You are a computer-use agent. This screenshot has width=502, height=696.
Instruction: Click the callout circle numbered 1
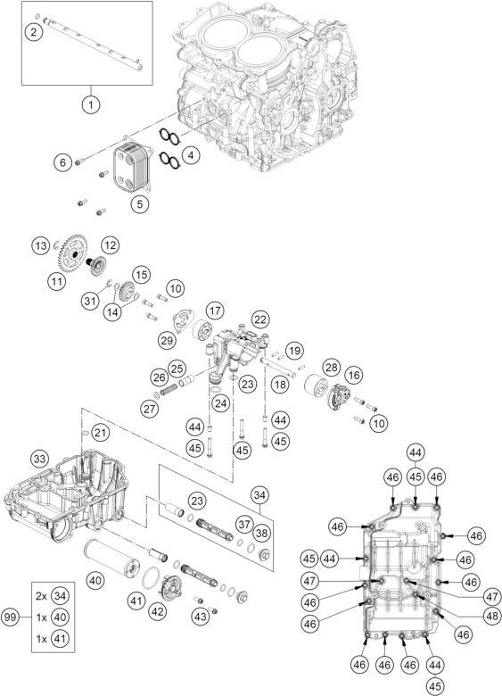[x=89, y=104]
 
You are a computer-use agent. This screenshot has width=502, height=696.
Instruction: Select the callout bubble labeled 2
[x=33, y=32]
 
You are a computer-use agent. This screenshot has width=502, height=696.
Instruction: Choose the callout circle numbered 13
[x=40, y=244]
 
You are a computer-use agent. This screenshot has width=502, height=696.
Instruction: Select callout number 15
[x=140, y=273]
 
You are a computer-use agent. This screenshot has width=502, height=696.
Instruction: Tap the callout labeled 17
[x=214, y=311]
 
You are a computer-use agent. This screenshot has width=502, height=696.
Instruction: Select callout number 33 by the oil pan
[x=39, y=458]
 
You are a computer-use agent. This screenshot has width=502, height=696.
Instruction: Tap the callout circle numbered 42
[x=157, y=611]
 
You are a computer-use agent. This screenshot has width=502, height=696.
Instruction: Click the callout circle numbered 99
[x=12, y=616]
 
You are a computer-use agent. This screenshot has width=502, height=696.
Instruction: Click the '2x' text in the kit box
[x=41, y=594]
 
